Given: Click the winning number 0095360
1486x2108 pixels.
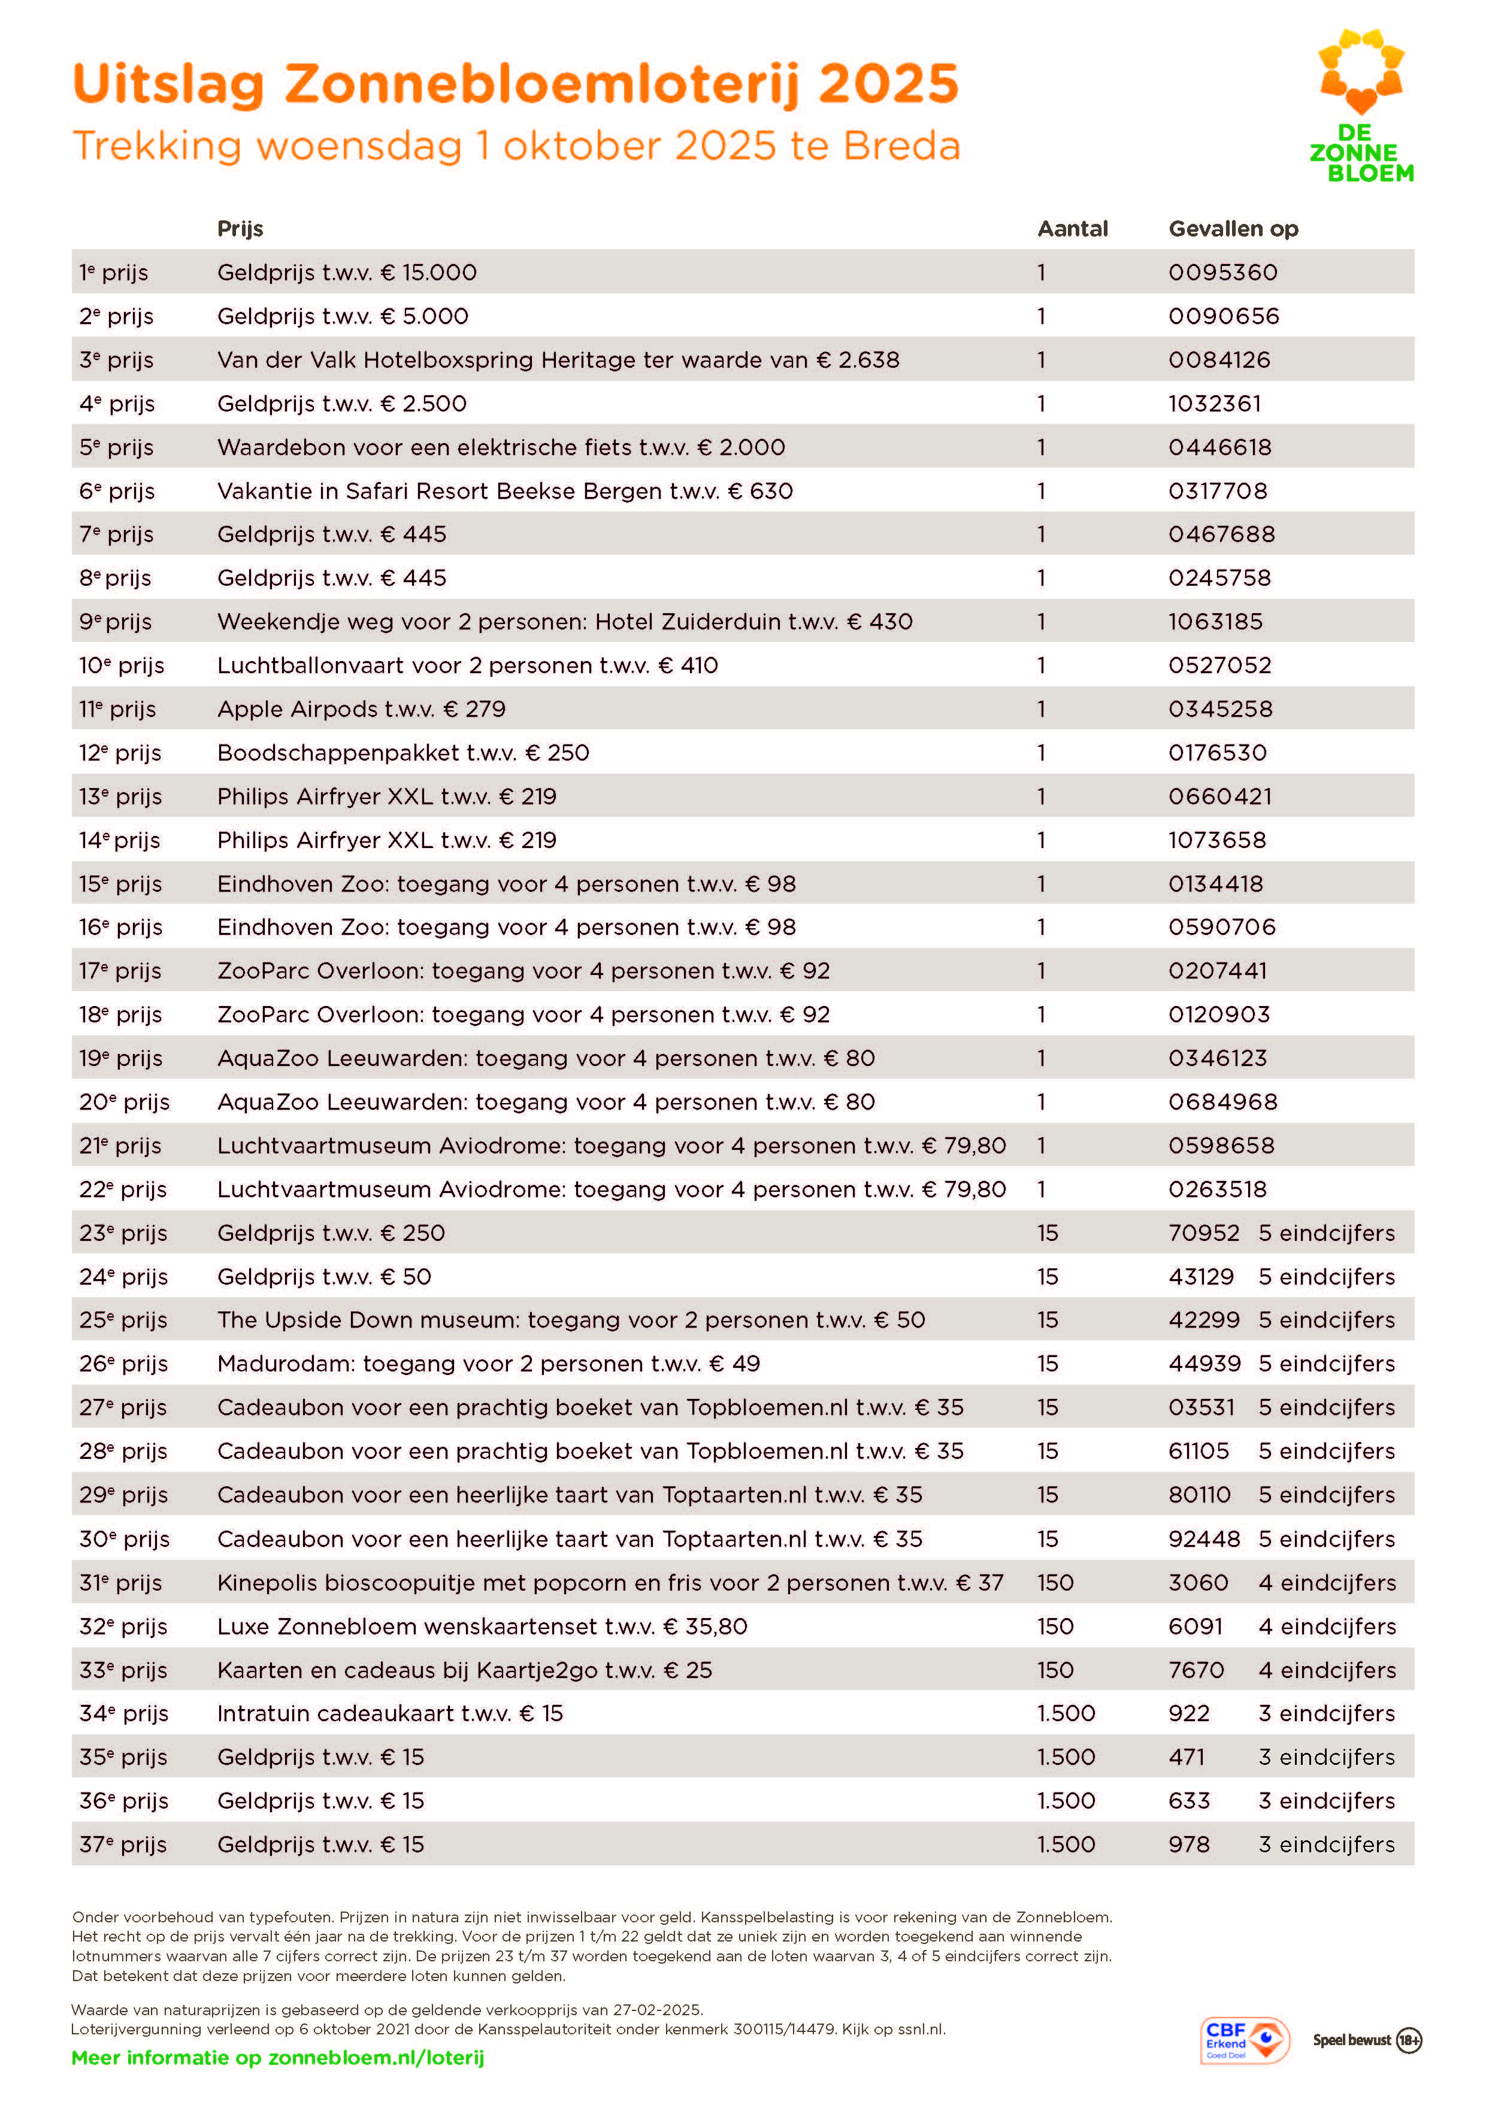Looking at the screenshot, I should click(1222, 272).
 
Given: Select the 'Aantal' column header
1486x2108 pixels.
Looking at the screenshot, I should click(1072, 229).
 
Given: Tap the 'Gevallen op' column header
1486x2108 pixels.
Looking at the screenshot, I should click(1233, 229).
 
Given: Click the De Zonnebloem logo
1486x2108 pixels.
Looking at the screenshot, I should click(1361, 105).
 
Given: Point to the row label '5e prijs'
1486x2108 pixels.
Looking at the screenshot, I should click(116, 447).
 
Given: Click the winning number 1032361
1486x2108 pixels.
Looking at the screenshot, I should click(1214, 404).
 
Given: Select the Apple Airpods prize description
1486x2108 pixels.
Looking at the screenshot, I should click(361, 710).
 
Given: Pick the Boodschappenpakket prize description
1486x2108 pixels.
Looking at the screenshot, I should click(403, 753).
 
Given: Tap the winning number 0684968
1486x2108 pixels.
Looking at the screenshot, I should click(1222, 1102).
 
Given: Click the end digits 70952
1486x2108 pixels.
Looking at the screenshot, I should click(1203, 1233).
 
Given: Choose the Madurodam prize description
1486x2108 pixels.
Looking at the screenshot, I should click(489, 1364).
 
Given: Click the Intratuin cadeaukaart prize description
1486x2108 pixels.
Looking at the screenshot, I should click(389, 1713).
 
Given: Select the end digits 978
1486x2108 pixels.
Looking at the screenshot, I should click(1188, 1844).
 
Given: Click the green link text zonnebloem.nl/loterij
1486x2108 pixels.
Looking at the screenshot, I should click(375, 2058).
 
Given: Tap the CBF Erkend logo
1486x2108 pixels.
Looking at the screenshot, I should click(1245, 2040).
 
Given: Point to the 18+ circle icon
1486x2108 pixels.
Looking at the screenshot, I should click(1408, 2040).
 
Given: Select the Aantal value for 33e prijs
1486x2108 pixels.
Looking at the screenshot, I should click(1054, 1670).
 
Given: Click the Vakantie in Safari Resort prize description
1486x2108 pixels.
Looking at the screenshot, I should click(504, 491).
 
